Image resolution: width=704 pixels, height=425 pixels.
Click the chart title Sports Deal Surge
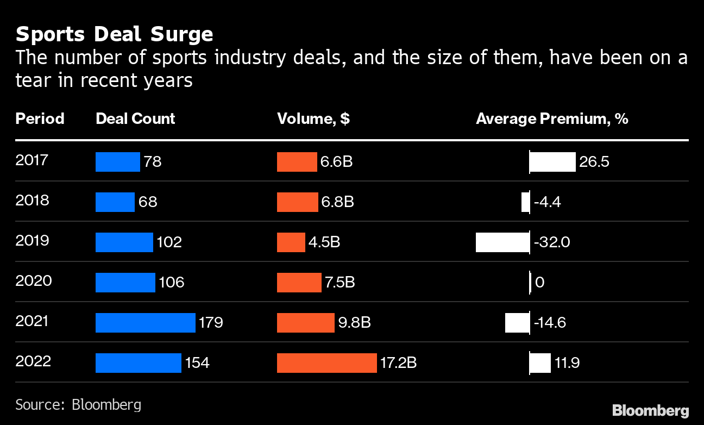click(114, 34)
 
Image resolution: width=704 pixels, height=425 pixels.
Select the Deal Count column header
click(135, 118)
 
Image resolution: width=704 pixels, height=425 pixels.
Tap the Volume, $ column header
click(313, 118)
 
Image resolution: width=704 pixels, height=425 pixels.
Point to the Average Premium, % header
click(552, 118)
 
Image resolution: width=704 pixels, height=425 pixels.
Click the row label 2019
click(32, 241)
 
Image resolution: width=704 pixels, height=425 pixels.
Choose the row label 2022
click(33, 361)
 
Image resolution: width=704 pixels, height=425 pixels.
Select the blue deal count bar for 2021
click(145, 322)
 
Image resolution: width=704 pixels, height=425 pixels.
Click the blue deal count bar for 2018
click(115, 202)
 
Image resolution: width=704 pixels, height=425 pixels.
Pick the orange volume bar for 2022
click(326, 362)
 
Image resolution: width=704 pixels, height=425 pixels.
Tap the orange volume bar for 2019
click(291, 242)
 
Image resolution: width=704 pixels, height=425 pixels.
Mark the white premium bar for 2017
click(552, 162)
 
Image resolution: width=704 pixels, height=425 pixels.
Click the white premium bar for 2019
click(502, 242)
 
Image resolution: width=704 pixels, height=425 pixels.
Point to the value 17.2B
click(398, 362)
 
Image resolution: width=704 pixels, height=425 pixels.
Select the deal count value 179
click(211, 322)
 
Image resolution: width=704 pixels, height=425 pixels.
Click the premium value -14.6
click(550, 322)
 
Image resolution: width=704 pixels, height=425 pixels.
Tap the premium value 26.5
click(594, 162)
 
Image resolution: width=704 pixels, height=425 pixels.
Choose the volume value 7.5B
click(340, 282)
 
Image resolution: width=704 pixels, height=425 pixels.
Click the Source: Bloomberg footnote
click(78, 404)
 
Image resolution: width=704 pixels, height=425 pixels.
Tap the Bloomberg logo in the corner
click(650, 410)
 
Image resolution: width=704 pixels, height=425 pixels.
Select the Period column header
click(40, 118)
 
